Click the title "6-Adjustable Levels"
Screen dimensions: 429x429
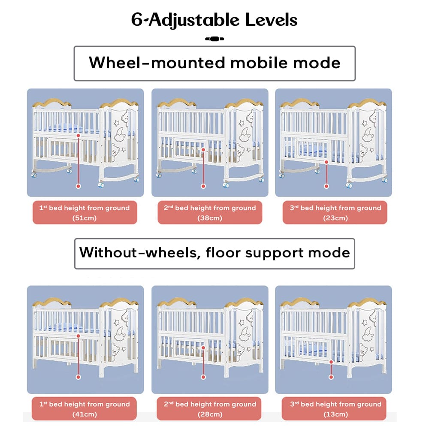click(x=214, y=20)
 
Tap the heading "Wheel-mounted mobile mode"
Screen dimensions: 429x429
click(x=214, y=63)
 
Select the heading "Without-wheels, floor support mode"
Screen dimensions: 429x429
click(x=214, y=252)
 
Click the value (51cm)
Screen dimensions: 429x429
click(x=85, y=218)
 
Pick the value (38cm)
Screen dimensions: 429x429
click(x=210, y=218)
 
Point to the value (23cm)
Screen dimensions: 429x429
click(x=335, y=218)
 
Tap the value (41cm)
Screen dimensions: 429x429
click(x=85, y=414)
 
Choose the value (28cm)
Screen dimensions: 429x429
click(x=210, y=414)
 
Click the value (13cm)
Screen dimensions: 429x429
click(x=335, y=414)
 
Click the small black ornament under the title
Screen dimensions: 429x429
click(x=214, y=39)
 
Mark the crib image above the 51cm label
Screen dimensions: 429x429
click(x=85, y=142)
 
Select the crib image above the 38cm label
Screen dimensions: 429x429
click(x=210, y=142)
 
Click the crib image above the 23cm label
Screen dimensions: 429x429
click(x=333, y=142)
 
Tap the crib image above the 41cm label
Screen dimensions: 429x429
click(x=85, y=339)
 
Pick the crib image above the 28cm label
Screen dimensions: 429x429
click(x=210, y=339)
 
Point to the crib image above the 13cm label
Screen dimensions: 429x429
click(x=333, y=339)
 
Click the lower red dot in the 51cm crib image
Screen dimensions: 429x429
click(x=78, y=186)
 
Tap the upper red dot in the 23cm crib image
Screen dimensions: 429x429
click(x=326, y=162)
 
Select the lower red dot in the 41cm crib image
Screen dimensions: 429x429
click(x=78, y=377)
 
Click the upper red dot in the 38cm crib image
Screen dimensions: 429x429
click(x=203, y=150)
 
